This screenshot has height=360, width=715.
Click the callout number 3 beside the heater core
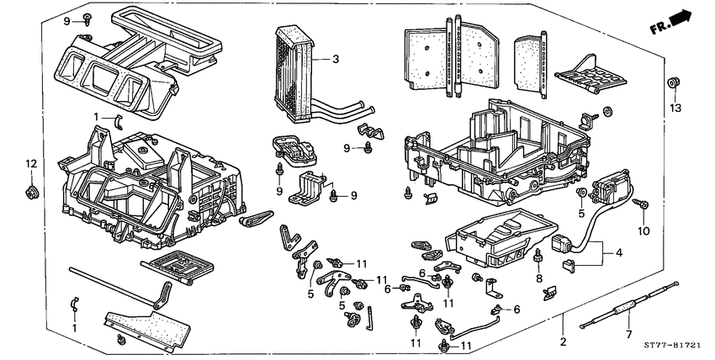(x=335, y=59)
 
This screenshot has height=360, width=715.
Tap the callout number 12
(x=31, y=162)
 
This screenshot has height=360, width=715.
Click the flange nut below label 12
(x=31, y=193)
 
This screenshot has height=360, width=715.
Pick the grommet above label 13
(x=672, y=83)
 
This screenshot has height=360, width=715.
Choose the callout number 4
(x=621, y=251)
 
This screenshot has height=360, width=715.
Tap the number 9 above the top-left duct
(x=67, y=19)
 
